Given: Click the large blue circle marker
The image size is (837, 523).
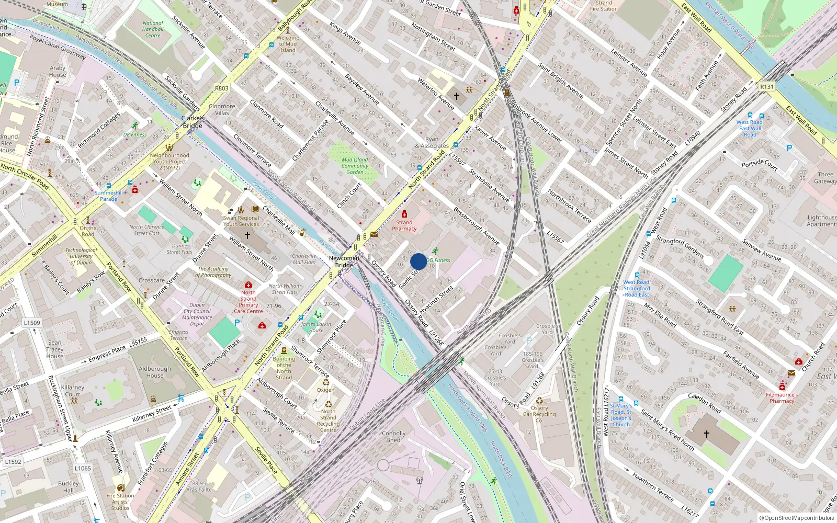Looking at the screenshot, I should point(418,261).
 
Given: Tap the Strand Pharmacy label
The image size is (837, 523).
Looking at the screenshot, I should point(404,225).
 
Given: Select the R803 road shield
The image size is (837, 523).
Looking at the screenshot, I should point(222,88).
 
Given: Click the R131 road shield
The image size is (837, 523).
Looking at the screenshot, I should point(767,87).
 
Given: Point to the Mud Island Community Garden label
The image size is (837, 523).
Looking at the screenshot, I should point(355,166).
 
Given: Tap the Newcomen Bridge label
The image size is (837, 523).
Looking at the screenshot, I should point(344,261).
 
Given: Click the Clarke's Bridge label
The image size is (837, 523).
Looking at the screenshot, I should point(193,122).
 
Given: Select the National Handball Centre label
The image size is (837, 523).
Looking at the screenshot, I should point(153,29).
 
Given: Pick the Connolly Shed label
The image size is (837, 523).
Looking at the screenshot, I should point(393,437).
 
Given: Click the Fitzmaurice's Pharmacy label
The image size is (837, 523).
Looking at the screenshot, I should point(782,398).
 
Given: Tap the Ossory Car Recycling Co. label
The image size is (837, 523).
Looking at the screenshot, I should point(539,414).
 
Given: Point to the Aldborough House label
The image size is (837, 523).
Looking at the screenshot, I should point(155,372).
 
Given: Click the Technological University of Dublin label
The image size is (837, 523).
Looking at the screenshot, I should point(81,256).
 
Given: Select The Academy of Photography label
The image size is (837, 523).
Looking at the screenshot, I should point(213,272).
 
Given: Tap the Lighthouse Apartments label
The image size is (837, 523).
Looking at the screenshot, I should point(821,221).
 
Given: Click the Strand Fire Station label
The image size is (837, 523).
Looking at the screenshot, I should point(604,6).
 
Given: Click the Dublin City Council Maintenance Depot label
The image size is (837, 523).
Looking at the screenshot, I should point(197,314).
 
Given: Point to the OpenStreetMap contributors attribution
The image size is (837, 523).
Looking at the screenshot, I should point(796,518).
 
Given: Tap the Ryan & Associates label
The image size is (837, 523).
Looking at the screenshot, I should point(432,143).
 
